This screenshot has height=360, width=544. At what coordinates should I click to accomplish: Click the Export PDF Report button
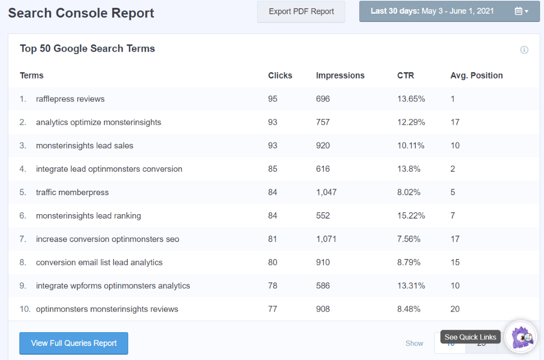tap(301, 12)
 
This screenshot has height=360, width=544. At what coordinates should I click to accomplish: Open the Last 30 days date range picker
tap(448, 11)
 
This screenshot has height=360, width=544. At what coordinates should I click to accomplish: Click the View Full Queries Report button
tap(74, 343)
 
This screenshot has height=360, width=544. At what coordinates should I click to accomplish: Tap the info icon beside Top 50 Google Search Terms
tap(524, 50)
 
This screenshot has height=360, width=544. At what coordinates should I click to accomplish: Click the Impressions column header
tap(340, 76)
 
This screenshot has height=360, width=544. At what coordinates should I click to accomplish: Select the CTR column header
tap(406, 76)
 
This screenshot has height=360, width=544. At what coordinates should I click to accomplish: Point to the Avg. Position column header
tap(476, 76)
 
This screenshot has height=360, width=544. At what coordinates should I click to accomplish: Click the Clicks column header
tap(280, 76)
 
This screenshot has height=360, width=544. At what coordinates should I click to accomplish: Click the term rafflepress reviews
tap(70, 99)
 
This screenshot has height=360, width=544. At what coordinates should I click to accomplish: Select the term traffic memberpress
tap(72, 192)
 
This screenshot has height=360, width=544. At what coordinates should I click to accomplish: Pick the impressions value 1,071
tap(326, 239)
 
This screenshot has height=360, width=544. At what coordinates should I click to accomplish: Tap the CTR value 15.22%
tap(411, 216)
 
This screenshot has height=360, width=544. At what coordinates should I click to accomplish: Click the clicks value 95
tap(272, 99)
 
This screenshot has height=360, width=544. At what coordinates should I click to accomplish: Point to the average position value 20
tap(455, 309)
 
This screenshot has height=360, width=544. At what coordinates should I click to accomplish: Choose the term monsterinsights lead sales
tap(84, 145)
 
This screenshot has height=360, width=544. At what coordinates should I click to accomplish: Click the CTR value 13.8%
tap(409, 169)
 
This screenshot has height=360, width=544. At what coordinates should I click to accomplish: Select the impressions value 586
tap(323, 285)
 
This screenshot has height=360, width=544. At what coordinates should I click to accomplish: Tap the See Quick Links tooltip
tap(470, 337)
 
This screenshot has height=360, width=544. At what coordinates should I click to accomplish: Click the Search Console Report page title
tap(81, 13)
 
